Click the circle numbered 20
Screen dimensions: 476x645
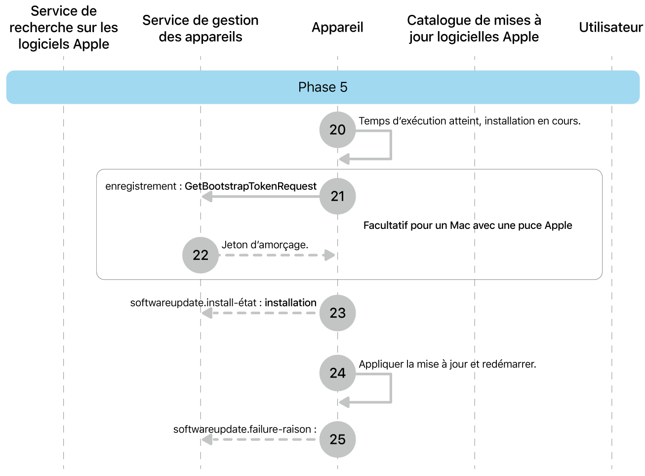click(x=337, y=130)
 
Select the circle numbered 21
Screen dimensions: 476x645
click(x=337, y=196)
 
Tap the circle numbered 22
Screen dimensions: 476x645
click(x=201, y=255)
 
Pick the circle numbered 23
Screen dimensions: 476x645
click(x=337, y=313)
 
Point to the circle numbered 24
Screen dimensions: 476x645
click(x=337, y=373)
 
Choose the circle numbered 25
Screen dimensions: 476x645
click(x=337, y=439)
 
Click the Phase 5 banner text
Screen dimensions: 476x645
click(x=322, y=87)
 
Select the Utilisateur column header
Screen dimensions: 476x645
click(x=610, y=28)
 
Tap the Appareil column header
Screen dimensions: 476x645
click(x=337, y=28)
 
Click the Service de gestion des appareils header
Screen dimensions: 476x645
click(x=201, y=28)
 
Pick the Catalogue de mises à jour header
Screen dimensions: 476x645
click(x=474, y=28)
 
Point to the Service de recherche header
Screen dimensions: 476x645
click(x=64, y=28)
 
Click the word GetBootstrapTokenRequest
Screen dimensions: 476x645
click(x=250, y=186)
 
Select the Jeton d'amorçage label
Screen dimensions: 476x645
click(x=265, y=245)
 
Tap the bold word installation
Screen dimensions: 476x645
click(x=290, y=303)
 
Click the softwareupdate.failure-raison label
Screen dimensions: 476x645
click(x=244, y=429)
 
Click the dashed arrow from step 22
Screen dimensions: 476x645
click(x=277, y=255)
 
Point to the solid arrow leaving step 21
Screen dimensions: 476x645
click(x=262, y=197)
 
